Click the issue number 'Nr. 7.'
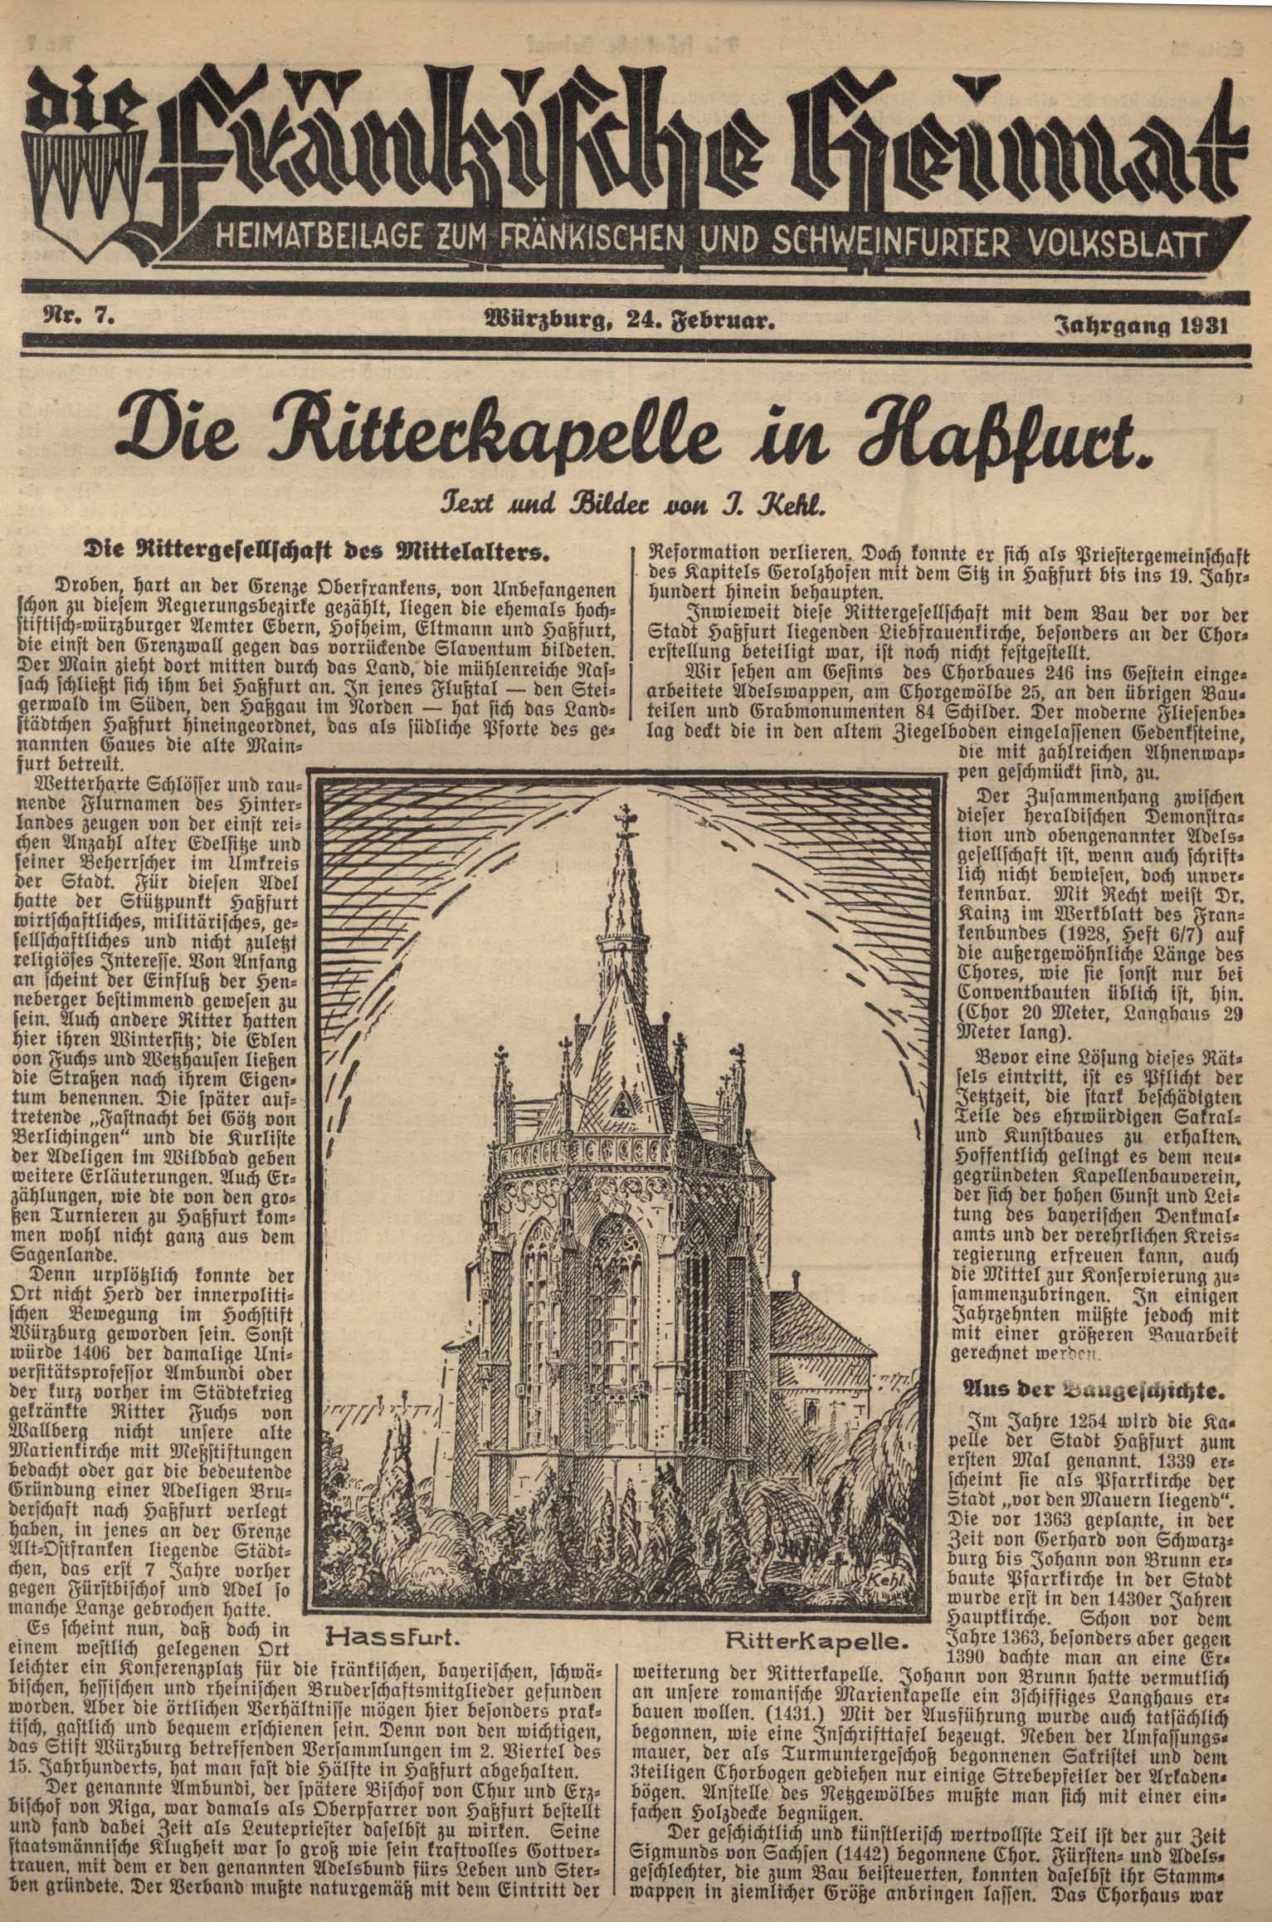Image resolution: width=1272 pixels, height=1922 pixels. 75,315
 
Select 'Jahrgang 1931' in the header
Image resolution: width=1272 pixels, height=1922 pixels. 1140,324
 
